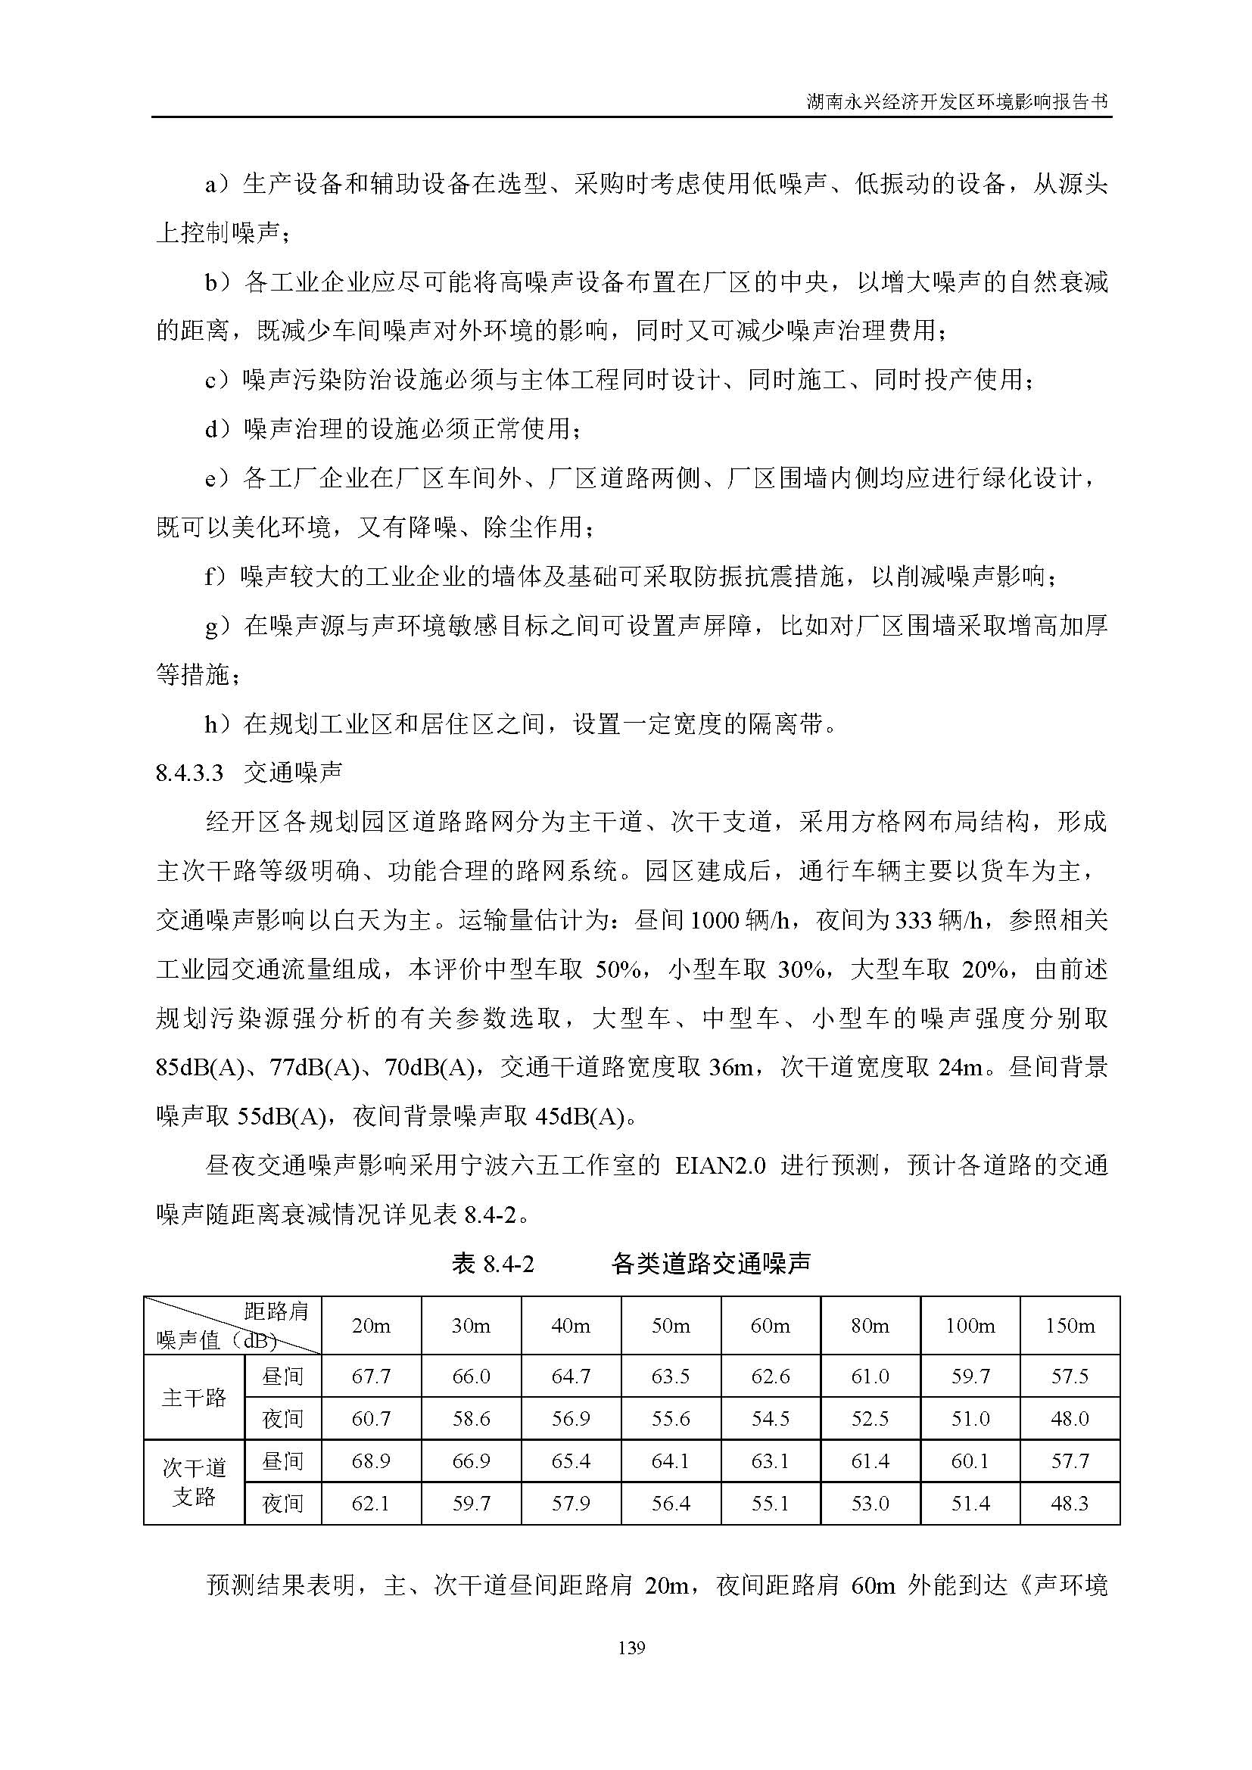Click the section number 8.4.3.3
click(189, 773)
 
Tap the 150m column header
click(1070, 1326)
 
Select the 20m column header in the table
click(371, 1326)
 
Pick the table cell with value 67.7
click(371, 1376)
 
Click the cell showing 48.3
click(1070, 1504)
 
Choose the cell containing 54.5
click(770, 1419)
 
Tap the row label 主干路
click(194, 1398)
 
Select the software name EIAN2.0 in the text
click(720, 1165)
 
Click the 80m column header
click(870, 1326)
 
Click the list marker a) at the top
click(216, 185)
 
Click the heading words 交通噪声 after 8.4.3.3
click(293, 773)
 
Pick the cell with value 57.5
click(1070, 1376)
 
